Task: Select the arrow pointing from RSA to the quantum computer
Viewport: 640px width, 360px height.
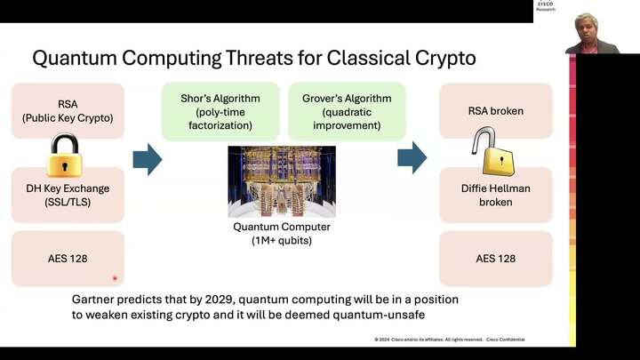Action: click(x=148, y=159)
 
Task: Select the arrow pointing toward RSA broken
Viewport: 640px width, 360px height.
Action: click(x=412, y=158)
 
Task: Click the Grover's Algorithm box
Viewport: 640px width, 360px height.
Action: click(x=347, y=111)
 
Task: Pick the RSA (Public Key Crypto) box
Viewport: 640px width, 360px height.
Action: click(x=68, y=110)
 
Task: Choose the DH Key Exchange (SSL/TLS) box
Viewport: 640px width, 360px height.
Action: click(x=68, y=195)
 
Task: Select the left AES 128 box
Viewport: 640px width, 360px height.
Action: click(x=68, y=258)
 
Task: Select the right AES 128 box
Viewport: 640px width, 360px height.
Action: click(x=496, y=258)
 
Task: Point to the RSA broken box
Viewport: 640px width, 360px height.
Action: click(x=496, y=111)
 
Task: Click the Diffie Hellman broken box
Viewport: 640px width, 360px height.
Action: click(x=496, y=195)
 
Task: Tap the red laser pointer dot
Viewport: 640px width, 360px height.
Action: click(x=115, y=278)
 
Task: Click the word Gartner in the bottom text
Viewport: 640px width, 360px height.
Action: click(x=95, y=300)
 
